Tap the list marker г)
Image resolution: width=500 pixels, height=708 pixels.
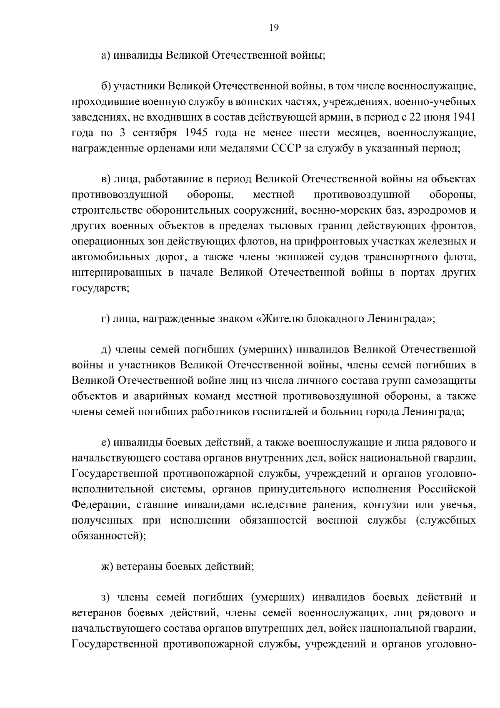coord(105,319)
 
